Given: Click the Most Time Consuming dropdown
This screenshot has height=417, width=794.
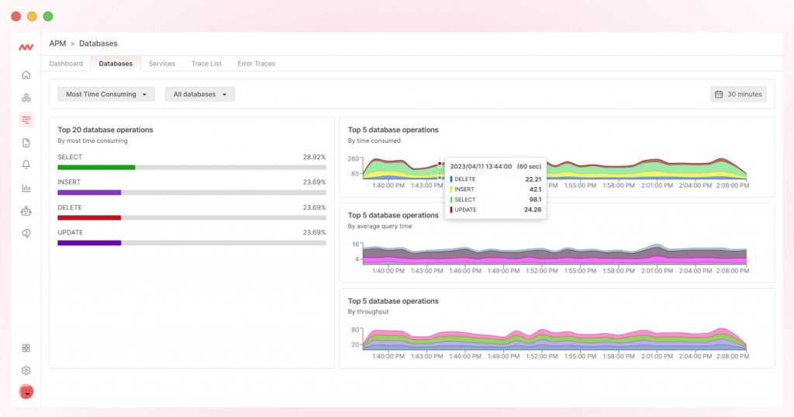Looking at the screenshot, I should click(106, 94).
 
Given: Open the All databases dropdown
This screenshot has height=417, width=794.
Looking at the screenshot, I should click(199, 94).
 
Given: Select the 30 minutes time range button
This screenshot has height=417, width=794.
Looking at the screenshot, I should click(738, 94).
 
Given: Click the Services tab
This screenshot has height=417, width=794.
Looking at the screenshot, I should click(162, 64).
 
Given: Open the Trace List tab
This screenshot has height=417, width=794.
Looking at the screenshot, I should click(206, 64).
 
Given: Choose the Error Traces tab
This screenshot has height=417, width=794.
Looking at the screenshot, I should click(256, 64).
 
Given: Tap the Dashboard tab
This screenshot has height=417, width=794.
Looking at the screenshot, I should click(66, 64).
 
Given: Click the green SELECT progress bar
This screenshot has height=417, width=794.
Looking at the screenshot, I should click(96, 167).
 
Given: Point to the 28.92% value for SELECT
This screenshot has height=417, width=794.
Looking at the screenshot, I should click(314, 157).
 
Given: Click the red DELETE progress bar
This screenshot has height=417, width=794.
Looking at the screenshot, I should click(89, 217).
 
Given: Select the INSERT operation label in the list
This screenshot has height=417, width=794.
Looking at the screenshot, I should click(69, 182).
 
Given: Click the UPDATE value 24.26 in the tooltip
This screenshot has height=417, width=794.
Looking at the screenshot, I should click(532, 210).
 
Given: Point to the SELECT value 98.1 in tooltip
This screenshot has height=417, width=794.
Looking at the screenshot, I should click(534, 200).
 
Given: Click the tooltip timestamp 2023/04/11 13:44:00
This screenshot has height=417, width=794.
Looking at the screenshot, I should click(481, 166).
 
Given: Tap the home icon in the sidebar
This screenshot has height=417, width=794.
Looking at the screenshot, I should click(26, 75).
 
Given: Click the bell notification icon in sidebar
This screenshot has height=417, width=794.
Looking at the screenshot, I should click(26, 165).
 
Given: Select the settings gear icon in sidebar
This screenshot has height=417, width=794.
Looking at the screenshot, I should click(26, 370).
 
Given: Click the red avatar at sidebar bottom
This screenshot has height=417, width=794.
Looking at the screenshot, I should click(26, 391).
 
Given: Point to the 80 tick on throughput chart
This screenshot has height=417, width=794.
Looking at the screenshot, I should click(355, 330).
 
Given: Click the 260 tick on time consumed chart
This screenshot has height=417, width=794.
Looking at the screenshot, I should click(354, 159).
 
